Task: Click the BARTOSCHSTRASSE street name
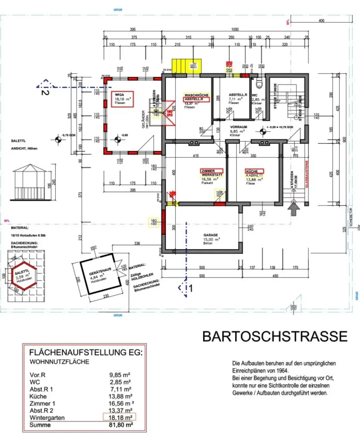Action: tap(275, 336)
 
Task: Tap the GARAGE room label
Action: tap(211, 235)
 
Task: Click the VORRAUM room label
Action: tap(238, 127)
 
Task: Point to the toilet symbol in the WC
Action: tap(259, 84)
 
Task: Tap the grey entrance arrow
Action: tap(294, 209)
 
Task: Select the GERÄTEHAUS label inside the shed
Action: tap(100, 271)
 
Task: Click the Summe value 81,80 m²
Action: tap(121, 425)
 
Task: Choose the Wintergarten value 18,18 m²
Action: tap(120, 417)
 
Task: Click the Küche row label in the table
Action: tap(38, 396)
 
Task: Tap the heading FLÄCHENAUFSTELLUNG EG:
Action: tap(86, 353)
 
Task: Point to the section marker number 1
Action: tap(191, 288)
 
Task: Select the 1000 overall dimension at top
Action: tap(235, 29)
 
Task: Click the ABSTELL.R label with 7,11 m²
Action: tap(237, 95)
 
